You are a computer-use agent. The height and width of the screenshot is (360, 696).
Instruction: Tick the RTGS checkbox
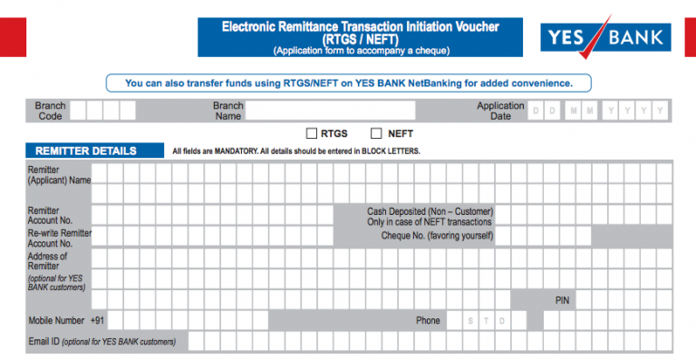coord(312,133)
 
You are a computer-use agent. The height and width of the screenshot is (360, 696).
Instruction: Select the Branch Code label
coord(51,112)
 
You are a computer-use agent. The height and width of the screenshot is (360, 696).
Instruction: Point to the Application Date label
coord(500,112)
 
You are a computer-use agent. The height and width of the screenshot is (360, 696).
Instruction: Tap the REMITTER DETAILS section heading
coord(86,151)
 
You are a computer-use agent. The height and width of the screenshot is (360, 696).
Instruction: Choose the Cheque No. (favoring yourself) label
coord(437,236)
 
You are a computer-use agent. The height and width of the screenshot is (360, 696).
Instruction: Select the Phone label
coord(428,321)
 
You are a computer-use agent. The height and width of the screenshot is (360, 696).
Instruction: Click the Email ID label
coord(44,342)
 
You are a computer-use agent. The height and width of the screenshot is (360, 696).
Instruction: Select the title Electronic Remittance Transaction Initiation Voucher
coord(361,28)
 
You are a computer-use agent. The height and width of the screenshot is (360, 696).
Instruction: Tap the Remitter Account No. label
coord(51,215)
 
